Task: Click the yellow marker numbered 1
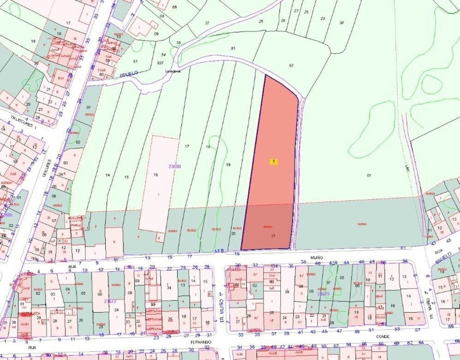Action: [x=274, y=162]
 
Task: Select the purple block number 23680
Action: [x=174, y=166]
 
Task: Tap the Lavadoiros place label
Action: [x=173, y=71]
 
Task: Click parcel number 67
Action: [x=291, y=66]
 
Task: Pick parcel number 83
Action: [x=233, y=48]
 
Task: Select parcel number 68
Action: [x=175, y=7]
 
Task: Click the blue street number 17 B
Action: [x=220, y=251]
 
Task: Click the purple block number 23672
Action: [x=110, y=301]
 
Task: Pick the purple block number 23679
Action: [x=323, y=294]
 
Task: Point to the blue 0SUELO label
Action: [x=129, y=73]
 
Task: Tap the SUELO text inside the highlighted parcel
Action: [x=267, y=227]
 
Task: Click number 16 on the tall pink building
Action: [x=156, y=175]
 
